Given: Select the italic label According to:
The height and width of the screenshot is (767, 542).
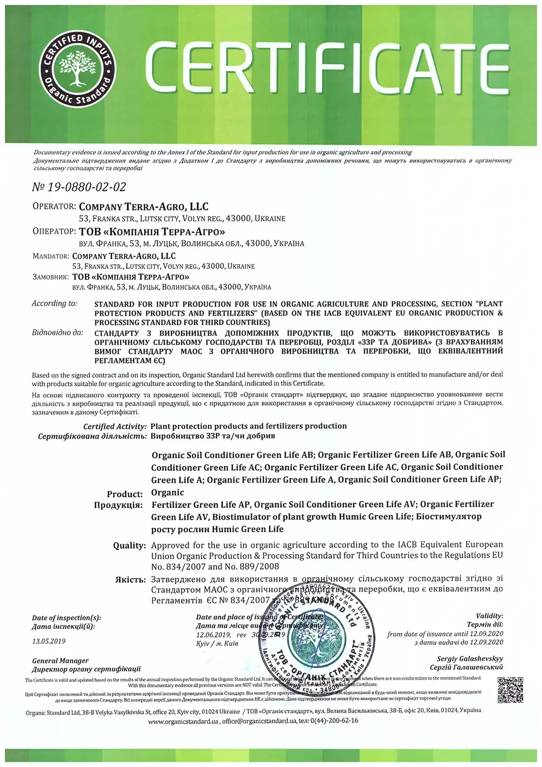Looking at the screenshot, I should click(54, 304).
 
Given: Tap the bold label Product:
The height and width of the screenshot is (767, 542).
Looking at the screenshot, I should click(125, 494).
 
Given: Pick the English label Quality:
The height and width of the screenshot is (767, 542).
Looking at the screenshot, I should click(130, 546).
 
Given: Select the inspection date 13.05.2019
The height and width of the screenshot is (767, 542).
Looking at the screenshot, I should click(48, 641).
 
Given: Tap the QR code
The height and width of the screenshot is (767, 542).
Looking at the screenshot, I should click(510, 690).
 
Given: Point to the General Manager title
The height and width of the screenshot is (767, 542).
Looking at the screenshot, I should click(60, 661).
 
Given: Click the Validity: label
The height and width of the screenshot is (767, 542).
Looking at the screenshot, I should click(489, 616).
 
